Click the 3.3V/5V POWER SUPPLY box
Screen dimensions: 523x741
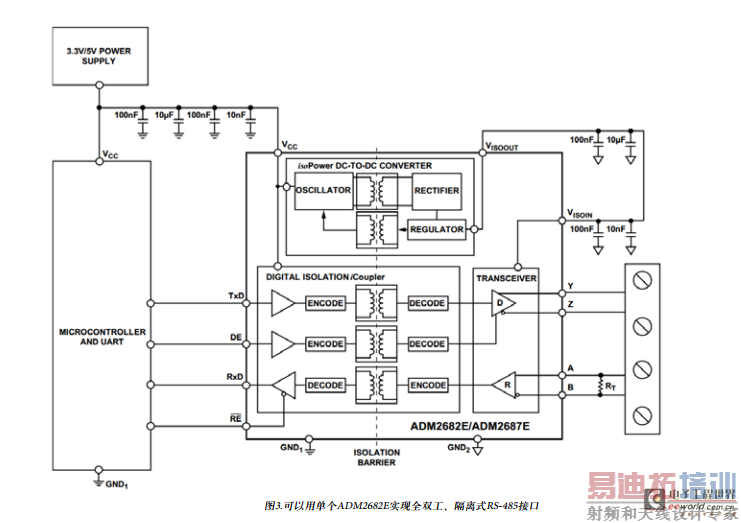[98, 55]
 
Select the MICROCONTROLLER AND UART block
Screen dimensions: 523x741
[98, 336]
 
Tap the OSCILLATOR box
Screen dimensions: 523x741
[323, 190]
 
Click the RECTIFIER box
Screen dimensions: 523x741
[436, 190]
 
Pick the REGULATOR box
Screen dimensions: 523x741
[436, 229]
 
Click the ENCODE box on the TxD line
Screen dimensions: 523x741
[325, 303]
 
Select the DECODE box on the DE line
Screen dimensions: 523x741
[427, 344]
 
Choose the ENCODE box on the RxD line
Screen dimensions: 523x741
[427, 385]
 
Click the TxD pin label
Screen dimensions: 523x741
[236, 296]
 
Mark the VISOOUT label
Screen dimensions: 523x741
[501, 146]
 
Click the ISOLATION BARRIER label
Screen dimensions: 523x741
[376, 457]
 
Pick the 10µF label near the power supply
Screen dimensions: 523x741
[165, 114]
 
